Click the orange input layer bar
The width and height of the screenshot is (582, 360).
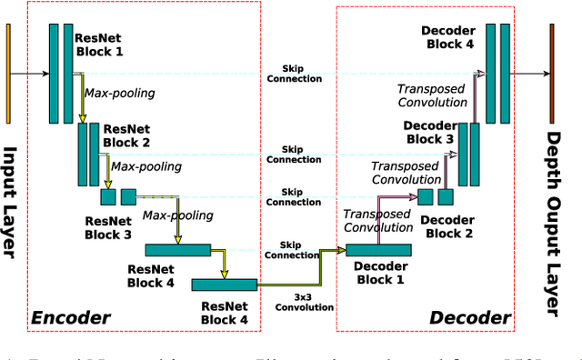[x=9, y=73]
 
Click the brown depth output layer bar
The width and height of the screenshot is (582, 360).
[x=551, y=73]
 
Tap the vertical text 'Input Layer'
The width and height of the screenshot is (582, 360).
[x=12, y=203]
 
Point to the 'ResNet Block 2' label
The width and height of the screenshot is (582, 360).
[x=127, y=136]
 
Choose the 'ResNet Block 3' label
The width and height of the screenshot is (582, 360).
[x=107, y=227]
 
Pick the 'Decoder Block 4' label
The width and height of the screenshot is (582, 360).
[x=447, y=37]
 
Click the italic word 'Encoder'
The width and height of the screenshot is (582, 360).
[x=70, y=317]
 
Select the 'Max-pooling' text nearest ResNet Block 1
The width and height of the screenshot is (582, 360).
[x=119, y=93]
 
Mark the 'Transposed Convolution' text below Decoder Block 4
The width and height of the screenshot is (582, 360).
[x=431, y=95]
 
